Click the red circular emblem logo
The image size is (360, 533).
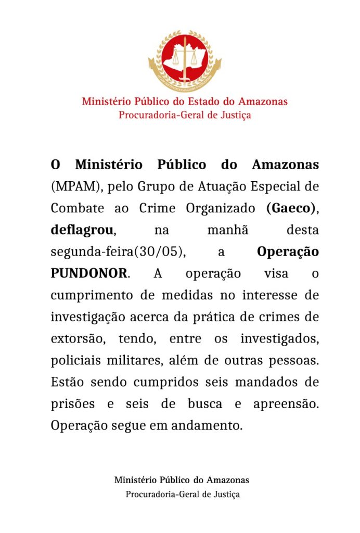pyautogui.click(x=185, y=59)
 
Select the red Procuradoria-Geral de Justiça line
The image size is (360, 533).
pyautogui.click(x=185, y=115)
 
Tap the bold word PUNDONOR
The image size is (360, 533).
pyautogui.click(x=88, y=273)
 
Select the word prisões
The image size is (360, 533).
pyautogui.click(x=72, y=404)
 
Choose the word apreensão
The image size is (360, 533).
pyautogui.click(x=286, y=404)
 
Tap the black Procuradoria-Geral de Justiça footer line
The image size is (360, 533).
pyautogui.click(x=183, y=494)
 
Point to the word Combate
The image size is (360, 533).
pyautogui.click(x=77, y=208)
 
